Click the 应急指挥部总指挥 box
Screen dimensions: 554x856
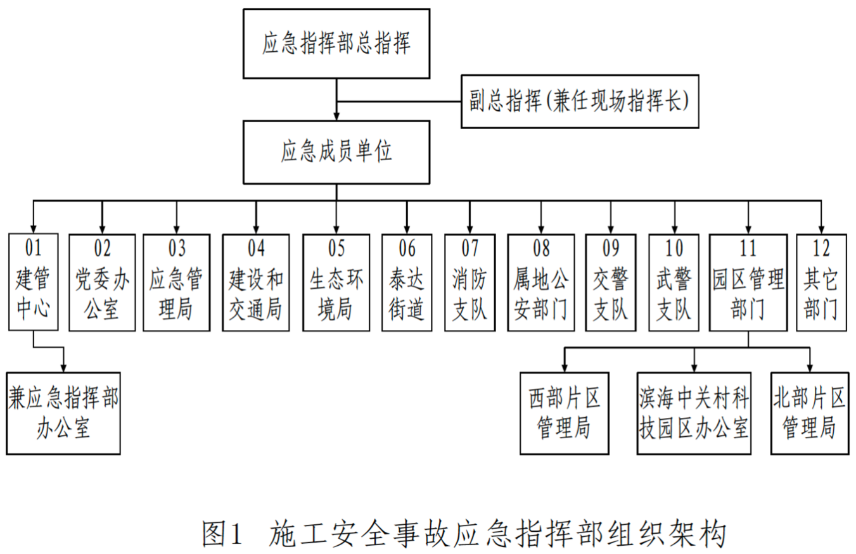point(336,44)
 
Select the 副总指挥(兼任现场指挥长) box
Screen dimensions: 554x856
point(580,102)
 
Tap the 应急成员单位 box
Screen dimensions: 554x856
point(336,152)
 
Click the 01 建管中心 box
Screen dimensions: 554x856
point(34,282)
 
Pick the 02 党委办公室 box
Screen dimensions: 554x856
point(102,282)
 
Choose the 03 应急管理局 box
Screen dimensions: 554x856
point(176,282)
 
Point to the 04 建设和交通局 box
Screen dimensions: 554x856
point(256,282)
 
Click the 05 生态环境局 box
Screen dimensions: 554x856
point(336,282)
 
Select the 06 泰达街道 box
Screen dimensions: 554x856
point(407,282)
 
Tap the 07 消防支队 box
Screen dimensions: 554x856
point(470,282)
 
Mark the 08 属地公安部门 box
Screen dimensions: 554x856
point(540,282)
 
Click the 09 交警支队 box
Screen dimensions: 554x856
point(611,282)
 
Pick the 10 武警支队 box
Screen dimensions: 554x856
point(674,282)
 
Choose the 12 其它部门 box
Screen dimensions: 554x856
point(821,282)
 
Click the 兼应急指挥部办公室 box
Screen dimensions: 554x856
point(63,413)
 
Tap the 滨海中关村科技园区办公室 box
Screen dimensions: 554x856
point(694,413)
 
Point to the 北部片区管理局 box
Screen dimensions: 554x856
point(809,413)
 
